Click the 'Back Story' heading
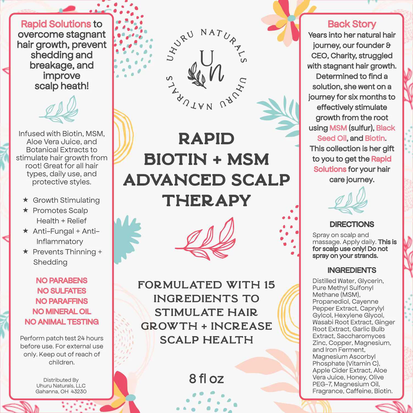pos(352,24)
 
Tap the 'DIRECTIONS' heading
pos(352,224)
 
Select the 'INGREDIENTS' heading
pos(352,270)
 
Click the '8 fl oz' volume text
pos(206,379)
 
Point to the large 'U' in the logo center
pos(207,59)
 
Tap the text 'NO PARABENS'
pos(62,280)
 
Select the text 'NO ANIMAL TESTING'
pos(62,322)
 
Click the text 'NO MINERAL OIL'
pos(62,311)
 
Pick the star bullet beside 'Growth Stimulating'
pos(26,200)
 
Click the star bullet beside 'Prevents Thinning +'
pos(26,251)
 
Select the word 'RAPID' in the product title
pos(206,138)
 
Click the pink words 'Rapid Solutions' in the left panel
pos(56,24)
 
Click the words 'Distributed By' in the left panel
pos(61,380)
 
